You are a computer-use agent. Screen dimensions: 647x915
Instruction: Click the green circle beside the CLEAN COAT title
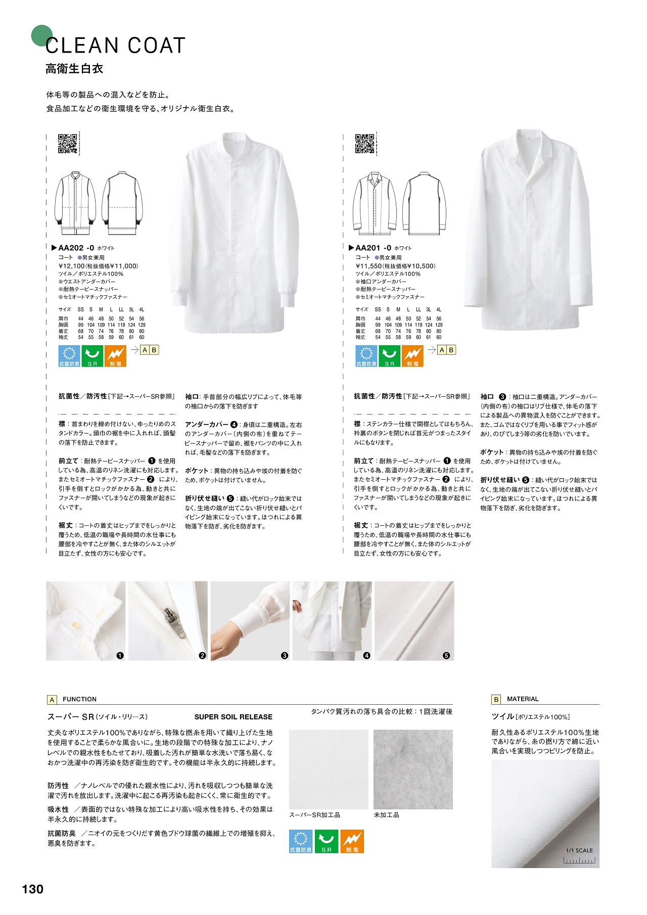42,36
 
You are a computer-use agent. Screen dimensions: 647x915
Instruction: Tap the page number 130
33,889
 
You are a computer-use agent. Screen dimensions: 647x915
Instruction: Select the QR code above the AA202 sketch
68,144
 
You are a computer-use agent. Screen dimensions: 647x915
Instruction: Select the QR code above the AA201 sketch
365,144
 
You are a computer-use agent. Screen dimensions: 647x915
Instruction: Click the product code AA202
71,248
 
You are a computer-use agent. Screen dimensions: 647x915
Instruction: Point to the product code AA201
367,248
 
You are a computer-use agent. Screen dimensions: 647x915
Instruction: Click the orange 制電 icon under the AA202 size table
116,356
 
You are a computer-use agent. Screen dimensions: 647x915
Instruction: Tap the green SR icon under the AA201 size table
389,356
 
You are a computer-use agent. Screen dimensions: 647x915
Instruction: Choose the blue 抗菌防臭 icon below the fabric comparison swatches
301,842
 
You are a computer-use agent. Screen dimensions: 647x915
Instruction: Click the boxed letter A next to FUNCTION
52,700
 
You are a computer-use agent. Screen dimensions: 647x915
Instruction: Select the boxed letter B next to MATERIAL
496,700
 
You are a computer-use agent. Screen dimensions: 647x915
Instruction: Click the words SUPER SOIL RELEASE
234,717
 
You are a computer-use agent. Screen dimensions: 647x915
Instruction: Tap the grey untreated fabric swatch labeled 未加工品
413,769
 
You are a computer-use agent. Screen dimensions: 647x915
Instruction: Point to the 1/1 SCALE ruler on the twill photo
579,860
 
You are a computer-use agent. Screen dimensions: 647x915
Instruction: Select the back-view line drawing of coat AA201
425,203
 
